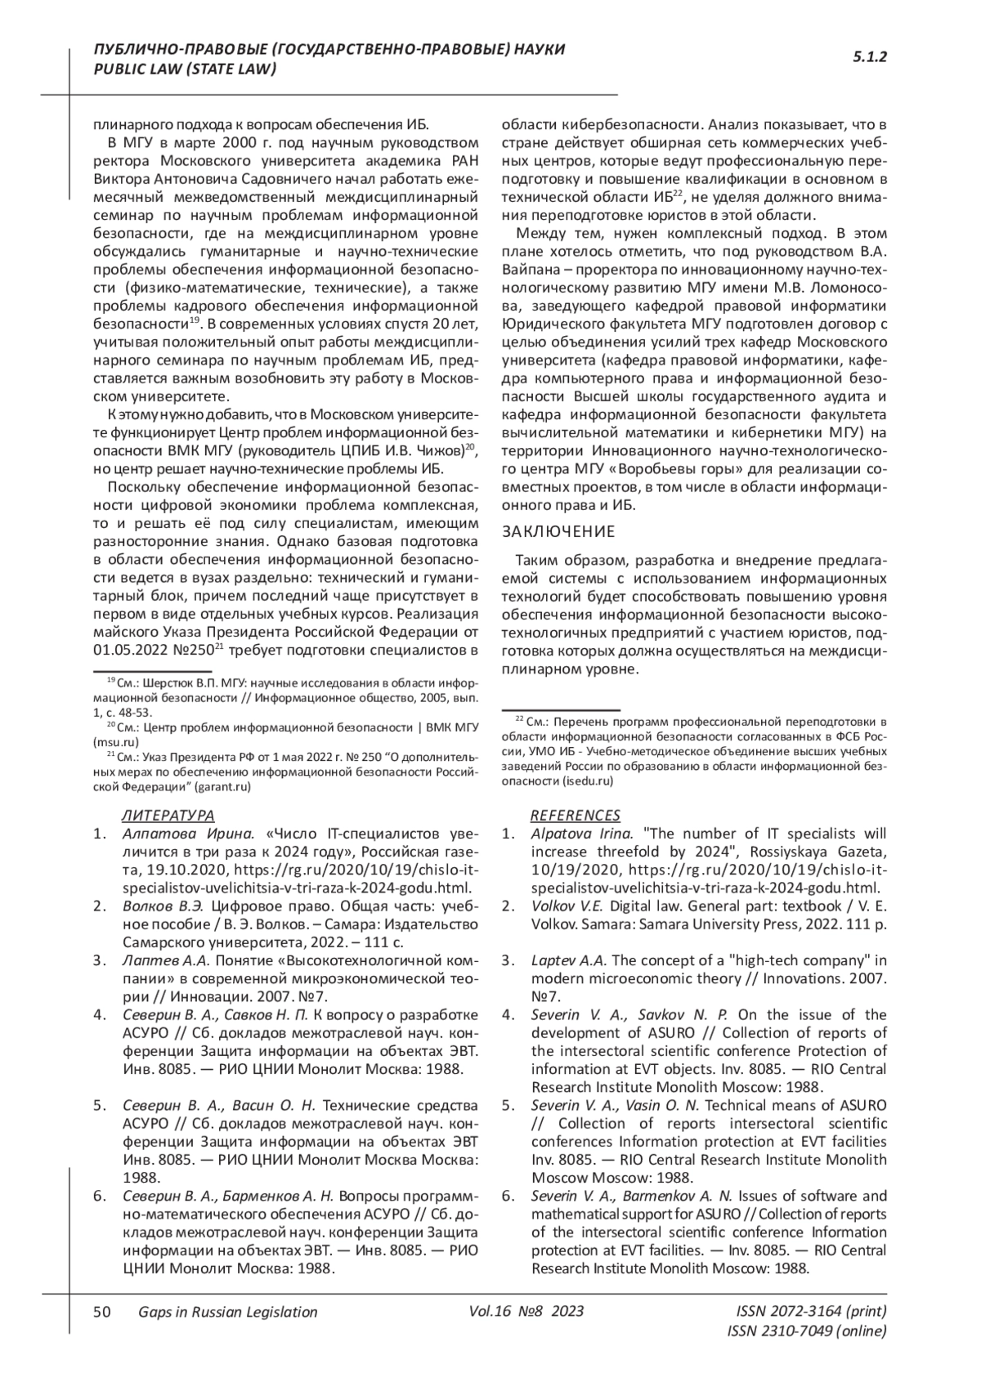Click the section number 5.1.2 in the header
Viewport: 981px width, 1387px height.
point(870,56)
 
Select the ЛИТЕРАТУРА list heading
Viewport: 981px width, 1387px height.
point(168,815)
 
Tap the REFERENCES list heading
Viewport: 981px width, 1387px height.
point(576,815)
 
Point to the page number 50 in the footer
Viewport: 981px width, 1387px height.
point(102,1312)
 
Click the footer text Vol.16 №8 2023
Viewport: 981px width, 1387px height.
point(526,1312)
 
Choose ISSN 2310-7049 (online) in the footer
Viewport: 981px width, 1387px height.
point(806,1331)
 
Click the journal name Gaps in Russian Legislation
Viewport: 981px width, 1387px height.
point(227,1312)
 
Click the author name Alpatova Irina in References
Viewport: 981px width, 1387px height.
point(581,834)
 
